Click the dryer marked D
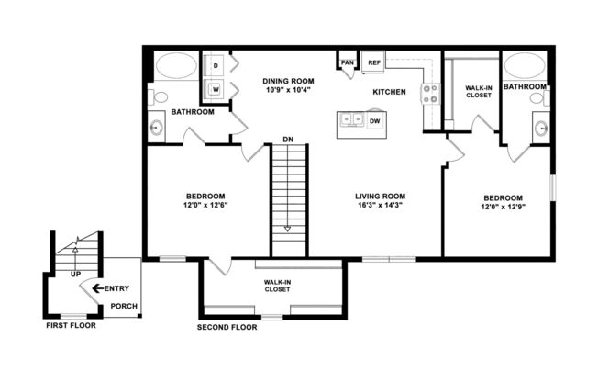coord(215,66)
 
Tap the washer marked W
coord(215,89)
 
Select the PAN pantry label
coord(348,62)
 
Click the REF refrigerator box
coord(374,62)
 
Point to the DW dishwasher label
coord(375,121)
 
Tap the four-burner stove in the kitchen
coord(429,95)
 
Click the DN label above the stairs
coord(288,140)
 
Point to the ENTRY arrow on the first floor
coord(97,288)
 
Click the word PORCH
coord(125,307)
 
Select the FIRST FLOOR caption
coord(71,325)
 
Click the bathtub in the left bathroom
coord(174,67)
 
